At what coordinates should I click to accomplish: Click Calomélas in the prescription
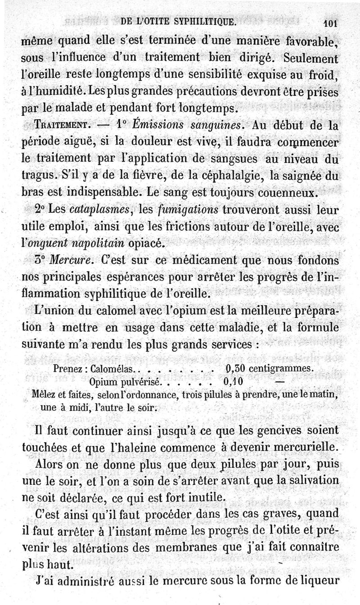click(110, 368)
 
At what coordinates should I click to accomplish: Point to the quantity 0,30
click(234, 368)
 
